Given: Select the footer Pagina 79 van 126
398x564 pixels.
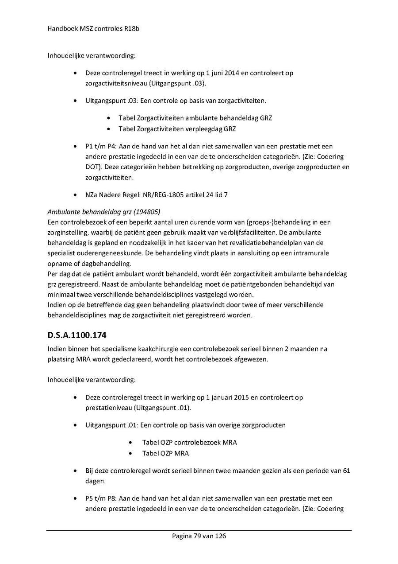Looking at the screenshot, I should click(199, 536).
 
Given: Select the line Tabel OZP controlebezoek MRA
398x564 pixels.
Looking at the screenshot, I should click(189, 443).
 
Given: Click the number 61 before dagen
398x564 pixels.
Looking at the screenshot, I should click(346, 471).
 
